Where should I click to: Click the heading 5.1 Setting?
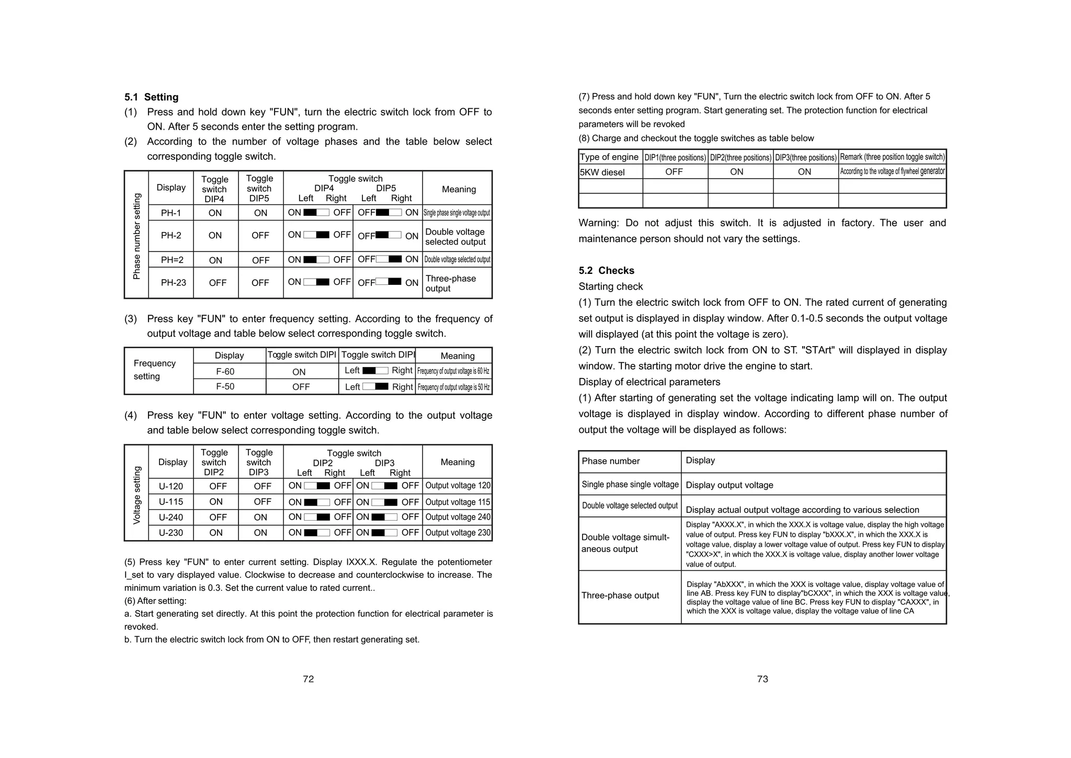pos(151,97)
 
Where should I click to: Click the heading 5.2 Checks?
pos(606,270)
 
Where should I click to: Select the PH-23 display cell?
pos(173,283)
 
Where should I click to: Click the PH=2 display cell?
pos(172,260)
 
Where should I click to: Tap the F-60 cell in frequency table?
pos(225,372)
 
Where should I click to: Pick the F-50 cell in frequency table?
pos(225,387)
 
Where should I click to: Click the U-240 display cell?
pos(171,518)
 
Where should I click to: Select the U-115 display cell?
pos(171,502)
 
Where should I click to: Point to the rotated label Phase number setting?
pos(137,236)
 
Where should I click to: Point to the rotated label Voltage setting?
pos(137,495)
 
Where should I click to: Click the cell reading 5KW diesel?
pos(602,172)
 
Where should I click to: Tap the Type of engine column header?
pos(609,157)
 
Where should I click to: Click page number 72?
pos(308,679)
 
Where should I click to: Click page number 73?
pos(762,679)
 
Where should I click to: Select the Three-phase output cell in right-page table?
pos(620,595)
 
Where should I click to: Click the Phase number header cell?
pos(610,461)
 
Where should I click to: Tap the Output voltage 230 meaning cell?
pos(458,533)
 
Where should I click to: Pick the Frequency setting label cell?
pos(154,370)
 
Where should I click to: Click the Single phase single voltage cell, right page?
pos(630,485)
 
